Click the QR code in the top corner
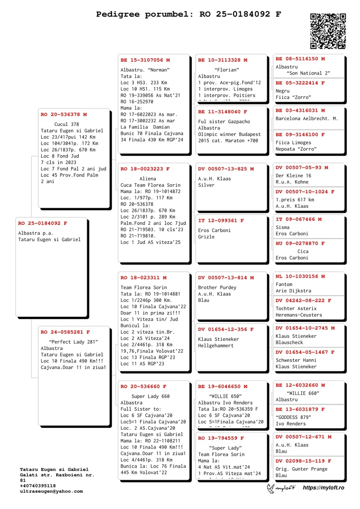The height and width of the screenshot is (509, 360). point(328,31)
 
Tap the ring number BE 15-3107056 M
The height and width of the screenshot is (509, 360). point(145,60)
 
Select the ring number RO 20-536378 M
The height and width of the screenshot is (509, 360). point(63,115)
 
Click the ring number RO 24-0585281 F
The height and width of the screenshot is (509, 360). point(65,332)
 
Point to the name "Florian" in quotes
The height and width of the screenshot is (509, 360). point(227,70)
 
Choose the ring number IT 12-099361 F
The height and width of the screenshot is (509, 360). point(221,221)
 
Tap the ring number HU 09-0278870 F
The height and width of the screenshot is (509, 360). point(300,243)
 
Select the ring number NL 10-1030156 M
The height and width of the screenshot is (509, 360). point(300,276)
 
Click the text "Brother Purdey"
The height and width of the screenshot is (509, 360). point(217,288)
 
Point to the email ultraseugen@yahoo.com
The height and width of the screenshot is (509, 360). point(51,491)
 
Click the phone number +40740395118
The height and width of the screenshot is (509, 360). point(38,486)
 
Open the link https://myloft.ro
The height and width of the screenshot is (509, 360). point(324,488)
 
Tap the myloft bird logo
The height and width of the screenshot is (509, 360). point(271,488)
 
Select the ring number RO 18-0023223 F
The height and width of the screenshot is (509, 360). point(145,169)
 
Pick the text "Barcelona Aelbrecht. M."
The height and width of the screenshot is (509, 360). point(306,119)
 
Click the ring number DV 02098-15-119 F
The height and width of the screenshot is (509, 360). point(303,461)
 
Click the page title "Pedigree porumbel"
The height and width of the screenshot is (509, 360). point(143,14)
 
